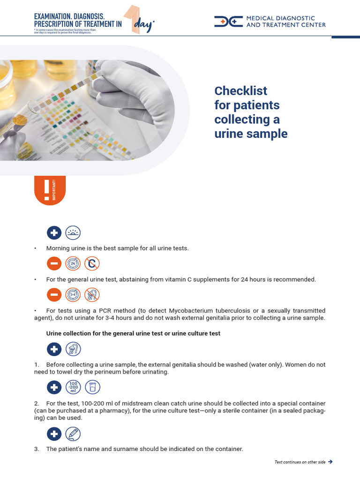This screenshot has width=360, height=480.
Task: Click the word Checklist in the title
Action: (x=240, y=90)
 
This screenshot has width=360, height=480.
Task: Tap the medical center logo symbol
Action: (x=228, y=22)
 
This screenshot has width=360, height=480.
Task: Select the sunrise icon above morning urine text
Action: (x=73, y=232)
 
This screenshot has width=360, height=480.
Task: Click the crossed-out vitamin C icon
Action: (x=92, y=264)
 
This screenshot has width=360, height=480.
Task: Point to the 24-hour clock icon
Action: (x=73, y=264)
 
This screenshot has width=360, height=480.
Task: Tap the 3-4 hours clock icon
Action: (x=73, y=295)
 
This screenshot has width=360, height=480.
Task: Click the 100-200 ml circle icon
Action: (x=73, y=387)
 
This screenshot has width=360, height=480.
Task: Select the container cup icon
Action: (x=92, y=387)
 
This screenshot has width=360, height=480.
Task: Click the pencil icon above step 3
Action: (x=73, y=434)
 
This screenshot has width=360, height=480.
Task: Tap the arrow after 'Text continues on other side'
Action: (x=330, y=462)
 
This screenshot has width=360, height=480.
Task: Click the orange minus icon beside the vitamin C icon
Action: (x=54, y=264)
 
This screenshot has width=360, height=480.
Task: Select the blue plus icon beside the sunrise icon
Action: (x=54, y=232)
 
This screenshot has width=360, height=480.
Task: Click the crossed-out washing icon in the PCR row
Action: (x=92, y=295)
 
